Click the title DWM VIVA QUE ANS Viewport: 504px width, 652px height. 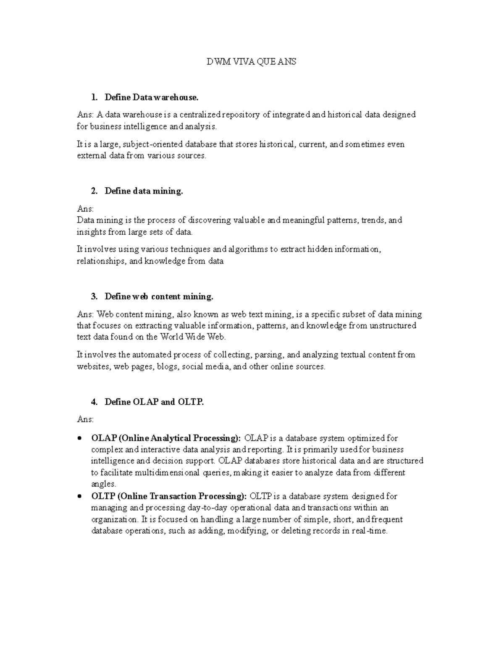coord(251,62)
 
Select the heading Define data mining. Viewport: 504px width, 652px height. coord(144,191)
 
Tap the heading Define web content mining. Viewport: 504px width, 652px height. coord(159,296)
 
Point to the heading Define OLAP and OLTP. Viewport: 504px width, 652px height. coord(154,402)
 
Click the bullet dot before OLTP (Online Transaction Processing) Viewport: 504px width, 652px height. coord(80,497)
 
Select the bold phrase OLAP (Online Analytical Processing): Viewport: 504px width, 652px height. coord(166,438)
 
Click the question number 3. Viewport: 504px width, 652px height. coord(94,296)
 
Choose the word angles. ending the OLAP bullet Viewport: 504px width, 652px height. coord(103,484)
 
